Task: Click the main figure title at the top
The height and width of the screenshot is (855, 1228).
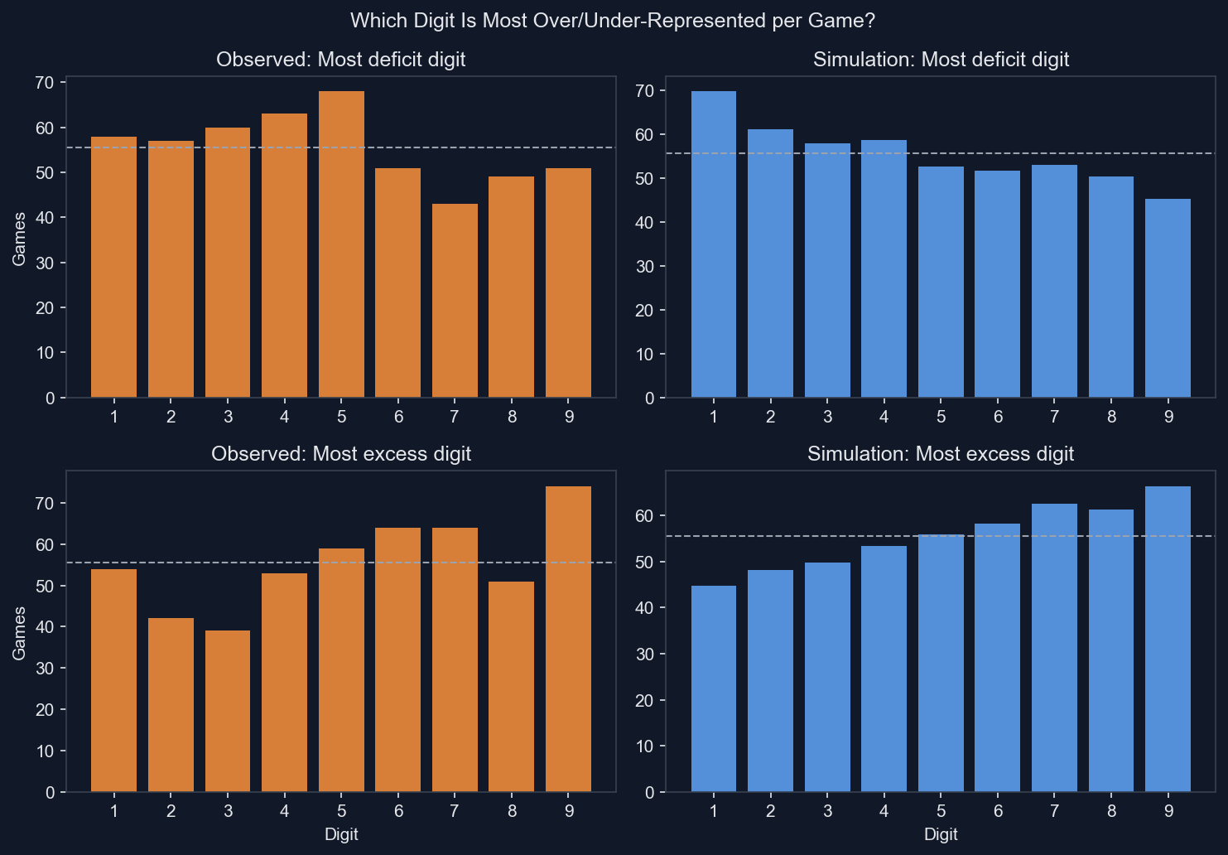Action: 613,20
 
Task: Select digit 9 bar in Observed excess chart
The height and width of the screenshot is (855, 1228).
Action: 568,639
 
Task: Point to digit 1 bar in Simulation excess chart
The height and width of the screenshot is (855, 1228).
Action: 713,688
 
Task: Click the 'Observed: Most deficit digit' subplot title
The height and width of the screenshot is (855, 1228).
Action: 340,60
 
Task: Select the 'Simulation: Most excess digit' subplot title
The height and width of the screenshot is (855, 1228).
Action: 941,454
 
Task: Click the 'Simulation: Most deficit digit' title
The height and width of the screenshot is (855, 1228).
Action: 941,60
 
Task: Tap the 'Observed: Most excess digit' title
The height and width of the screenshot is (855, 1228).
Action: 340,454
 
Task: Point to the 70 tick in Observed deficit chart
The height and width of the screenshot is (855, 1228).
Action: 45,83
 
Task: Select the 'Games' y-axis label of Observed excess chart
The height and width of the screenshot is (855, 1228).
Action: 19,633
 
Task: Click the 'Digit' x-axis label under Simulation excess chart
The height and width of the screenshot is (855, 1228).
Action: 941,834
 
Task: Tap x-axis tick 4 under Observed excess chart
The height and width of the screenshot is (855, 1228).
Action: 284,811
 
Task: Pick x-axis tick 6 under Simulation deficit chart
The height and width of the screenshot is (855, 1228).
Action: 998,417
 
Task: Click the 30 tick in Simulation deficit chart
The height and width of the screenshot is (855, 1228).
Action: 644,267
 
